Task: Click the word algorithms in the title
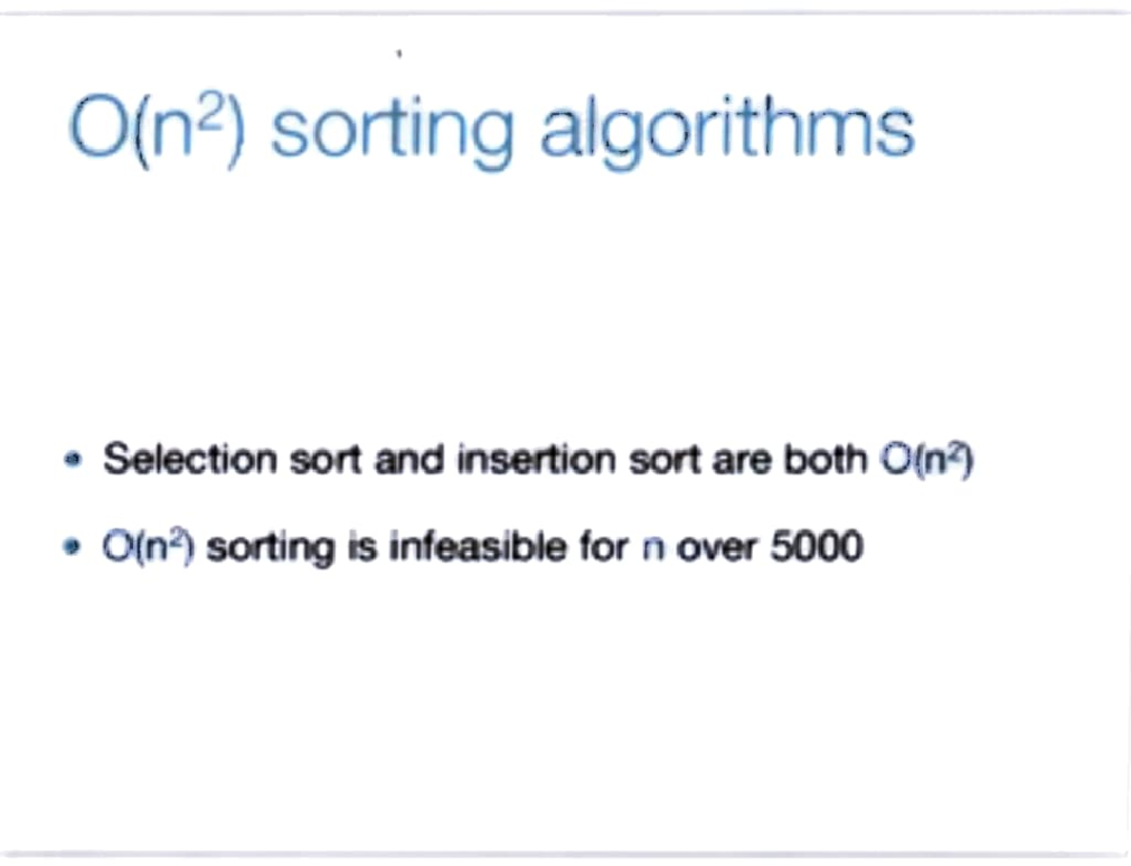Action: pos(727,129)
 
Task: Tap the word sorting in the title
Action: pos(392,132)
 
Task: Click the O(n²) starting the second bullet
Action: pos(148,547)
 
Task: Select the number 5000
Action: pos(816,547)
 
